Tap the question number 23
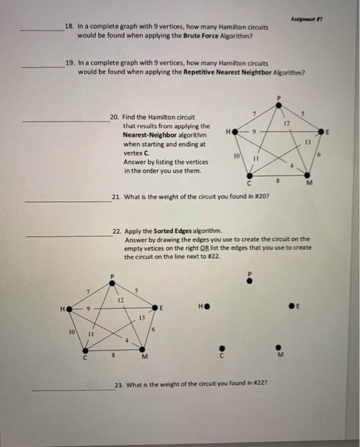click(x=119, y=384)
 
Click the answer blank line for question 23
click(x=71, y=391)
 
